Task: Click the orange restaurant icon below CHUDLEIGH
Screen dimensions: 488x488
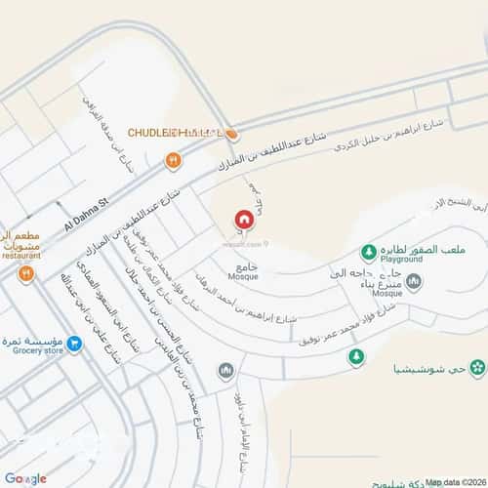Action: (174, 160)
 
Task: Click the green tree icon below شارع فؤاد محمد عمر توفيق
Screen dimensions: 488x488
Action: (356, 358)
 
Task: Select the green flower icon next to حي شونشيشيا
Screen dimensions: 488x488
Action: (477, 368)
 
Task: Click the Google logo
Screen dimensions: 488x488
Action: (25, 478)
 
